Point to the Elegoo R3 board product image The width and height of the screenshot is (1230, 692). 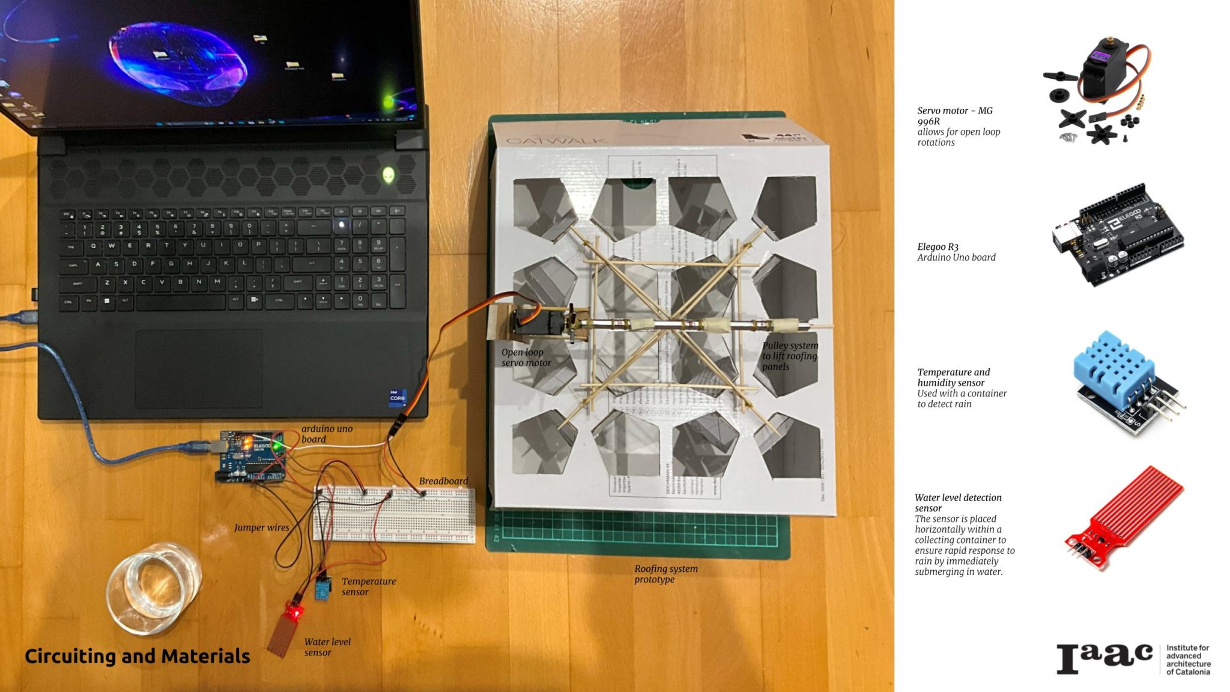tap(1117, 237)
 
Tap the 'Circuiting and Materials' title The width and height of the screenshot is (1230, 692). tap(137, 656)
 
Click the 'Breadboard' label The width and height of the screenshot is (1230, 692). tap(443, 481)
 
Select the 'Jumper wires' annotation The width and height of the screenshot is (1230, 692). tap(261, 527)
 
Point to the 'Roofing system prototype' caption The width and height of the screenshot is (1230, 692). tap(665, 574)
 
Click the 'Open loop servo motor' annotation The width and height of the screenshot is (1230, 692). tap(526, 357)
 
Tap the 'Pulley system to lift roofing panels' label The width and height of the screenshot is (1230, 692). tap(789, 356)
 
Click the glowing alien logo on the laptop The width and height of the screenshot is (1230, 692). tap(389, 175)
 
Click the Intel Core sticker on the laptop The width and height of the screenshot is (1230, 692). tap(398, 398)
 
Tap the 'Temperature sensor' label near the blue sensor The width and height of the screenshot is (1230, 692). tap(368, 586)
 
